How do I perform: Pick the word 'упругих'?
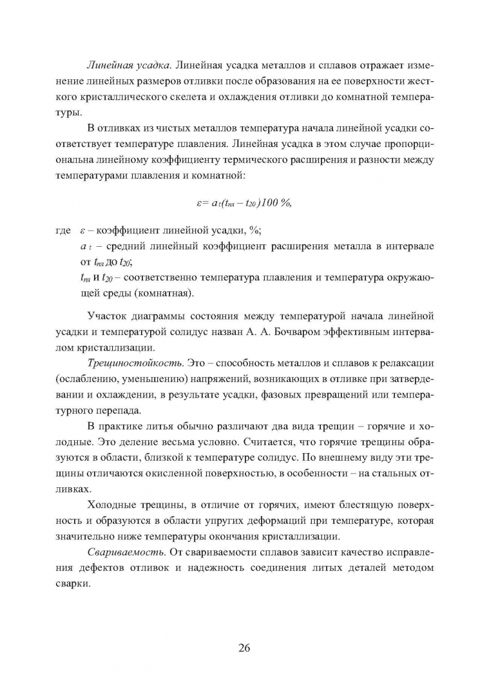point(198,523)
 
